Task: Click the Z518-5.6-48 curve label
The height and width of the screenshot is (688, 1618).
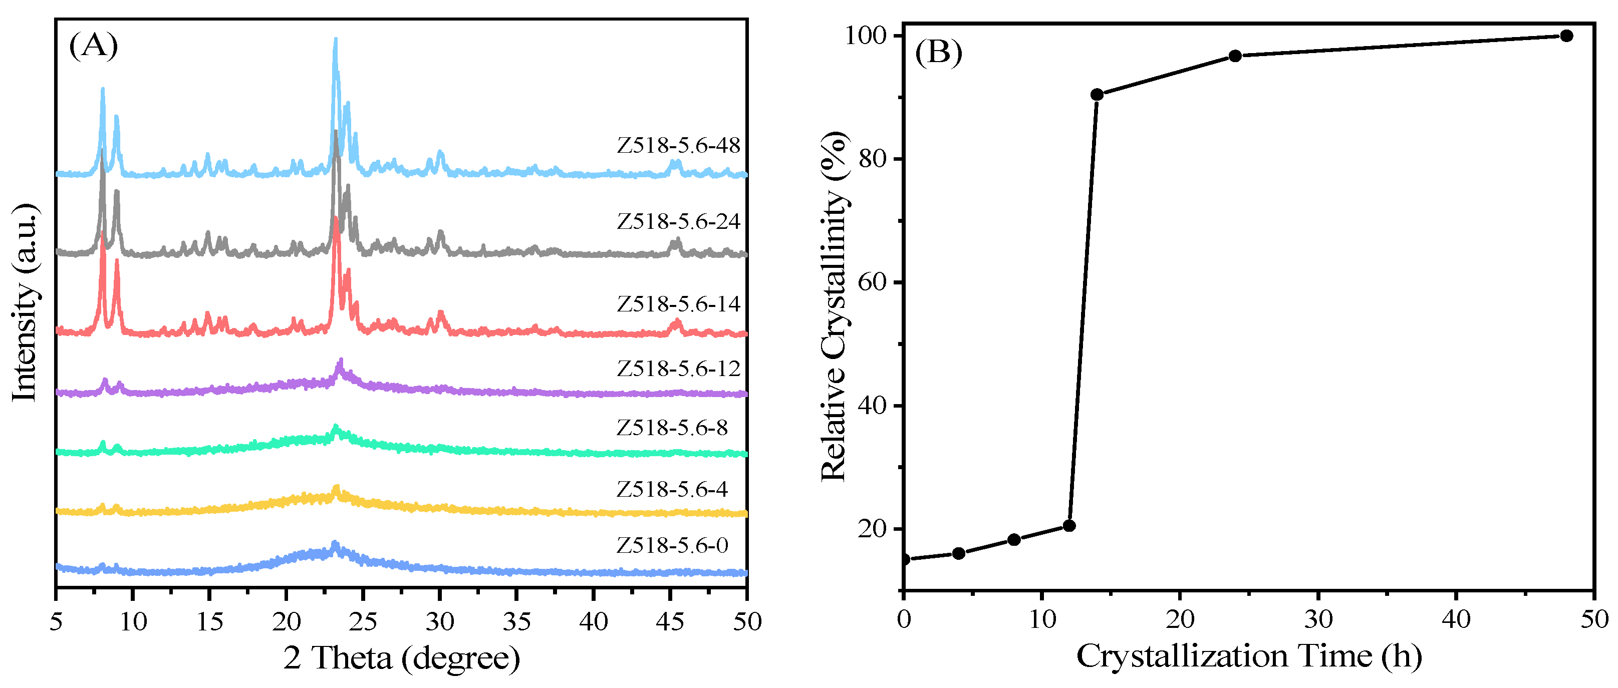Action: tap(678, 146)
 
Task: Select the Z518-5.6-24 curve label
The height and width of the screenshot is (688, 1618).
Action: tap(678, 222)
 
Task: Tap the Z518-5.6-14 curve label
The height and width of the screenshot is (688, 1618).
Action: tap(678, 304)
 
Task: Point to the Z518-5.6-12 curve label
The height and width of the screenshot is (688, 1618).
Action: tap(678, 369)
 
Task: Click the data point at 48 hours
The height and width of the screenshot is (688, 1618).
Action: tap(1566, 36)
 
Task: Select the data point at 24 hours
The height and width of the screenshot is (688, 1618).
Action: tap(1235, 56)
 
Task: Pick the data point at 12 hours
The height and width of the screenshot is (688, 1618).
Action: tap(1069, 525)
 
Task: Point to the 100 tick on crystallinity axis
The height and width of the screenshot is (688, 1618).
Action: tap(869, 36)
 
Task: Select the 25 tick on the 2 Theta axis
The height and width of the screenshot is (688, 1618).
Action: tap(363, 621)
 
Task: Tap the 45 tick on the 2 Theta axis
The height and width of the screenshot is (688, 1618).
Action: tap(670, 621)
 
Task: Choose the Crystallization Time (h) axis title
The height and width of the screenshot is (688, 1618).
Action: tap(1249, 656)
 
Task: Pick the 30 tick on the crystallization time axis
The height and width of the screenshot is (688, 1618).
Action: tap(1318, 619)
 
